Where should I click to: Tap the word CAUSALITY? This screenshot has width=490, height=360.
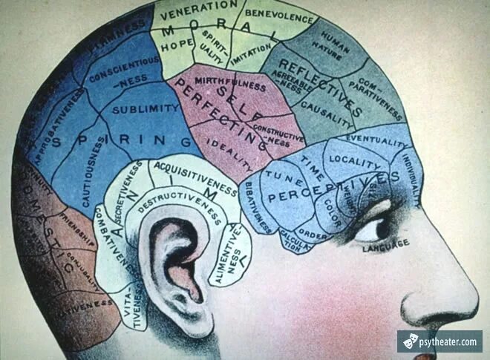[328, 112]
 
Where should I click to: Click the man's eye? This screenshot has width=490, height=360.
[371, 228]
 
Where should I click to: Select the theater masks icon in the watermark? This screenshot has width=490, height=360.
[410, 341]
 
